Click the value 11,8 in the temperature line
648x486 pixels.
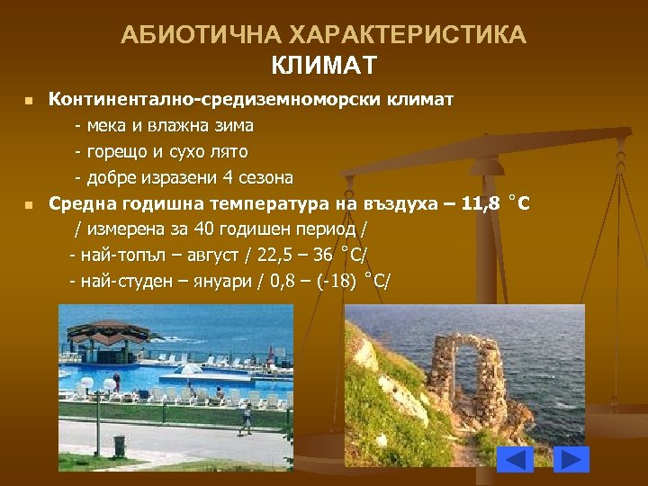click(x=478, y=203)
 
